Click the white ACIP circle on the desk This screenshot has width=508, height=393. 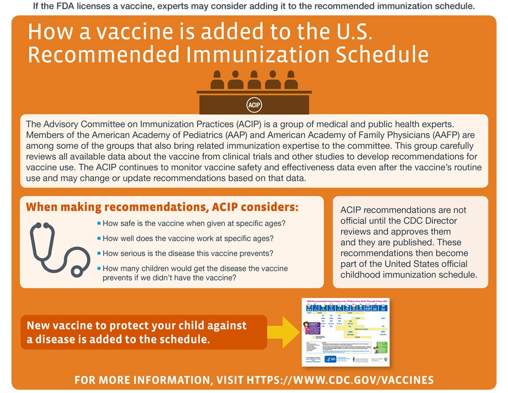point(254,104)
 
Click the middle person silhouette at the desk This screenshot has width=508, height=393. point(254,80)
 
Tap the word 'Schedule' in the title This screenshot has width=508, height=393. point(381,55)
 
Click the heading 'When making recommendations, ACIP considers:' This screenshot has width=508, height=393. point(162,207)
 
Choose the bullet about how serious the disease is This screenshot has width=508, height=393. point(188,253)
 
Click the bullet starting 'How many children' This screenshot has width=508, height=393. point(195,273)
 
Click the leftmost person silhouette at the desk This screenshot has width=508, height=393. point(217,80)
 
